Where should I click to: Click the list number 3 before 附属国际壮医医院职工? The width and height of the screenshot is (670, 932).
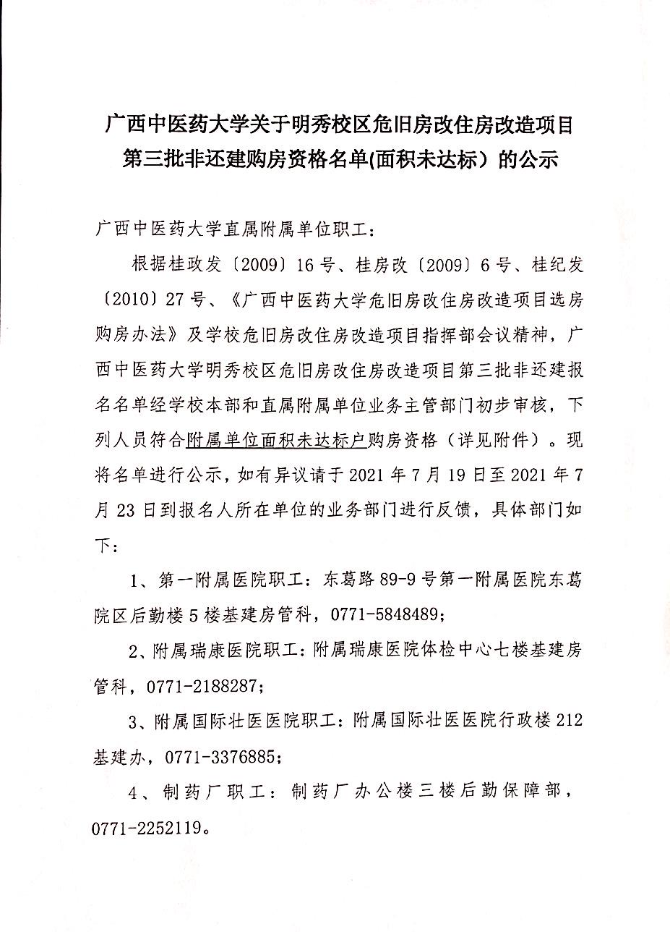134,722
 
